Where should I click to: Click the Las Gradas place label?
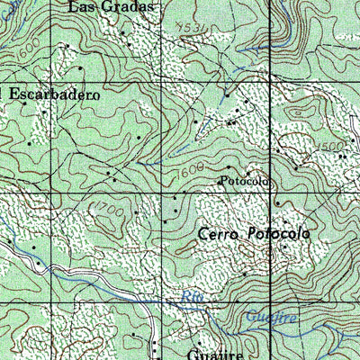pos(111,6)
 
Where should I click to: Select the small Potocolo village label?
pos(246,181)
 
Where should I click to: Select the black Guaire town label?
pos(217,354)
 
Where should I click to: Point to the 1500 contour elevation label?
pos(330,146)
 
